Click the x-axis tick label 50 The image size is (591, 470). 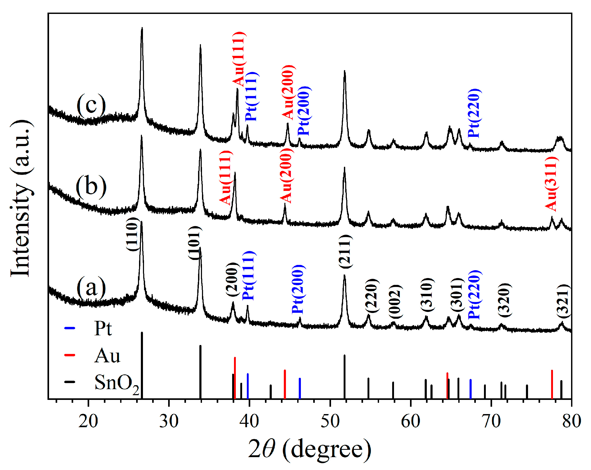point(330,421)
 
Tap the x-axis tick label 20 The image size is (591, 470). point(88,421)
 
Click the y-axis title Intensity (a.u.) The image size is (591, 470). point(20,199)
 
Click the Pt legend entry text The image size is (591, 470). point(103,328)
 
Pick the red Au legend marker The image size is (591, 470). point(70,355)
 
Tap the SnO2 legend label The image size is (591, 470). point(116,383)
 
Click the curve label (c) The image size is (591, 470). point(91,106)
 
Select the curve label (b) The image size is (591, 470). point(91,187)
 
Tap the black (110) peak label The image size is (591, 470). point(132,234)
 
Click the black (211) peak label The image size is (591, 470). point(345,252)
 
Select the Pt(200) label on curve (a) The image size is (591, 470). point(298,289)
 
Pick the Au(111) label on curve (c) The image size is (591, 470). point(239,59)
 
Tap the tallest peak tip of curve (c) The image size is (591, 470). point(142,29)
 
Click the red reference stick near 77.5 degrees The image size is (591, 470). point(552,384)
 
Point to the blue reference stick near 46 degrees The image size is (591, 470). point(300,388)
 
